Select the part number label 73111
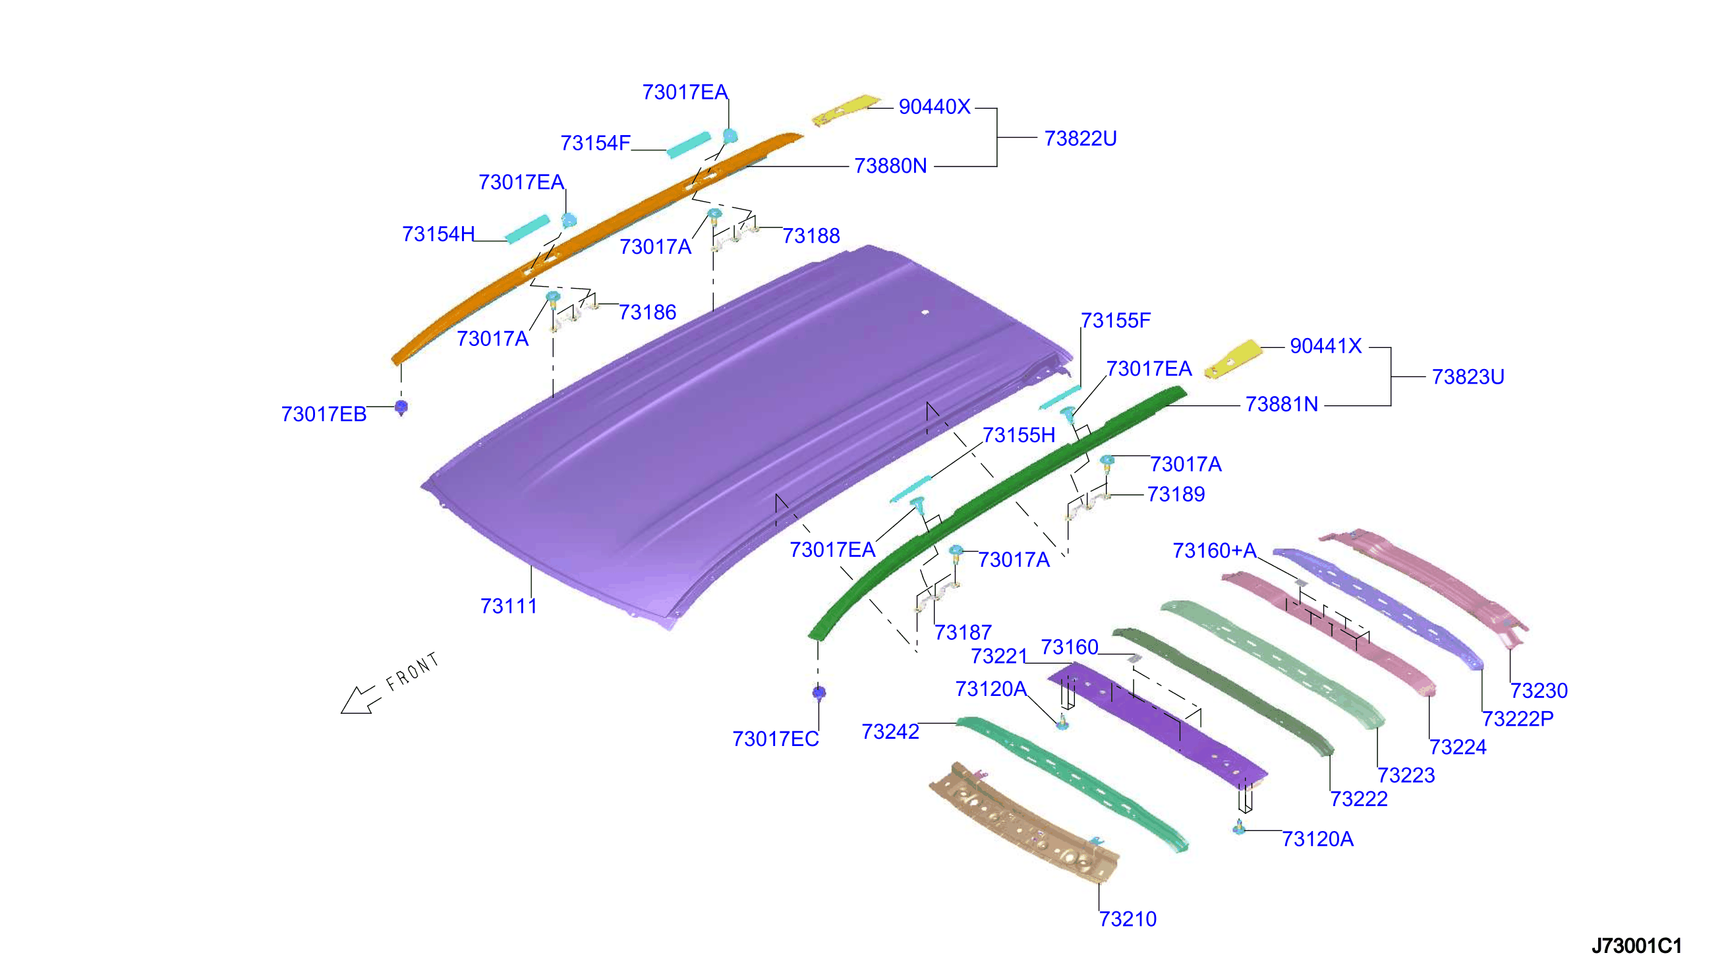pos(508,606)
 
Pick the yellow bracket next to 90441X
pos(1233,360)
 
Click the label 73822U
pos(1081,138)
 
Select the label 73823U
pos(1468,377)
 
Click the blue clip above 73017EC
pos(819,693)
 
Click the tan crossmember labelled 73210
pos(1024,823)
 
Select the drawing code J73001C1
pos(1636,946)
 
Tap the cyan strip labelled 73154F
pos(689,144)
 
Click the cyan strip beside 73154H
pos(528,229)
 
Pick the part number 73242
pos(890,732)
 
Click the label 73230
pos(1539,691)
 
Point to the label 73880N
pos(890,166)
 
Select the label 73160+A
pos(1214,551)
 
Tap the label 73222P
pos(1518,719)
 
